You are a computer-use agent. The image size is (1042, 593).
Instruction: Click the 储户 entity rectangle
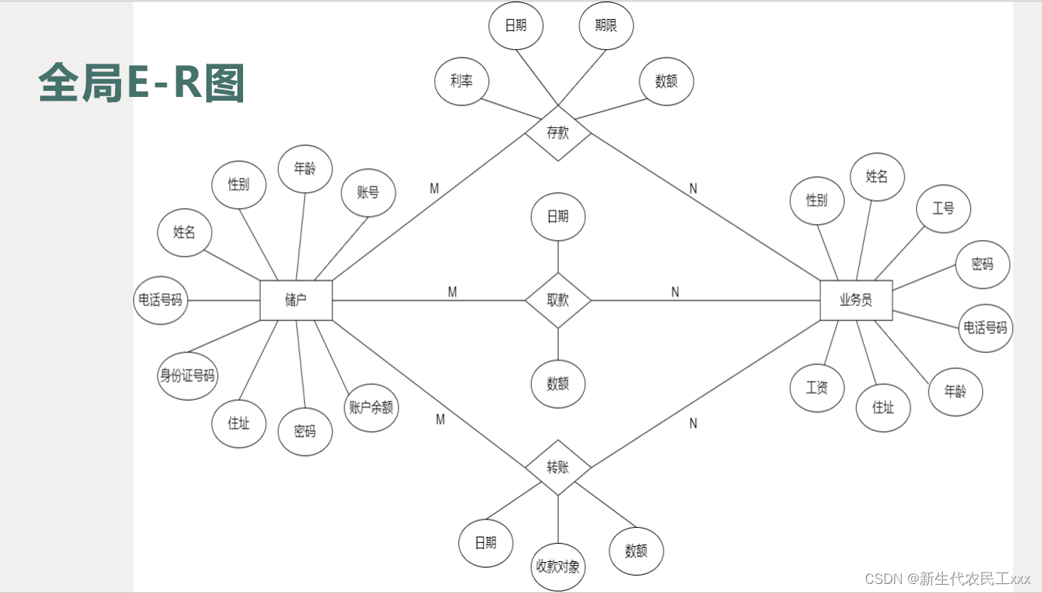pos(295,301)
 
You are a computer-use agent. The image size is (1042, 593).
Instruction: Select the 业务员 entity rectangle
pos(856,301)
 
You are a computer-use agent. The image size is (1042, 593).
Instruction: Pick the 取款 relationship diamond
pos(558,301)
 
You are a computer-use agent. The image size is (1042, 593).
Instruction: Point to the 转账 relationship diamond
pos(558,467)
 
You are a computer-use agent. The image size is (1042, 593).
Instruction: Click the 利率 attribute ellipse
pos(462,81)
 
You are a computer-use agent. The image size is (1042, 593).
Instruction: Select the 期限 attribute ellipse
pos(606,26)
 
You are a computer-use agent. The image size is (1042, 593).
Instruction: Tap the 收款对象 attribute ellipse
pos(558,566)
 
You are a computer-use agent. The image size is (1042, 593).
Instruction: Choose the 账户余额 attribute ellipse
pos(371,407)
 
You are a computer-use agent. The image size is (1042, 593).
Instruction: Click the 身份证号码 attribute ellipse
pos(187,376)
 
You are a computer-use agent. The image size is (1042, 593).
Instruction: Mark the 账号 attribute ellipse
pos(368,192)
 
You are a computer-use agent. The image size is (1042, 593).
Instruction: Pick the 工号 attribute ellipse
pos(943,208)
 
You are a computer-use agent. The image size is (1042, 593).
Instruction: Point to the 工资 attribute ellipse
pos(817,388)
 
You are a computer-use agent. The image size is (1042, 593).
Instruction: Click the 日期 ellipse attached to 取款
pos(558,217)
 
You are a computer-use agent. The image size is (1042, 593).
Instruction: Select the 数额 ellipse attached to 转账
pos(636,551)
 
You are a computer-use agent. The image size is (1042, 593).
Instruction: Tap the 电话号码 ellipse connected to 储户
pos(160,300)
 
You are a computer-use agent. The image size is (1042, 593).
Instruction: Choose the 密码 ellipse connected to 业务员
pos(982,264)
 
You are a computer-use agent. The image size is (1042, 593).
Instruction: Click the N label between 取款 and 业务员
pos(675,292)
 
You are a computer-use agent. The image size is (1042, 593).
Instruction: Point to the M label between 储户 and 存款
pos(435,189)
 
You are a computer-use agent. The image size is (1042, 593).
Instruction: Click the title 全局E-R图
pos(142,83)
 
